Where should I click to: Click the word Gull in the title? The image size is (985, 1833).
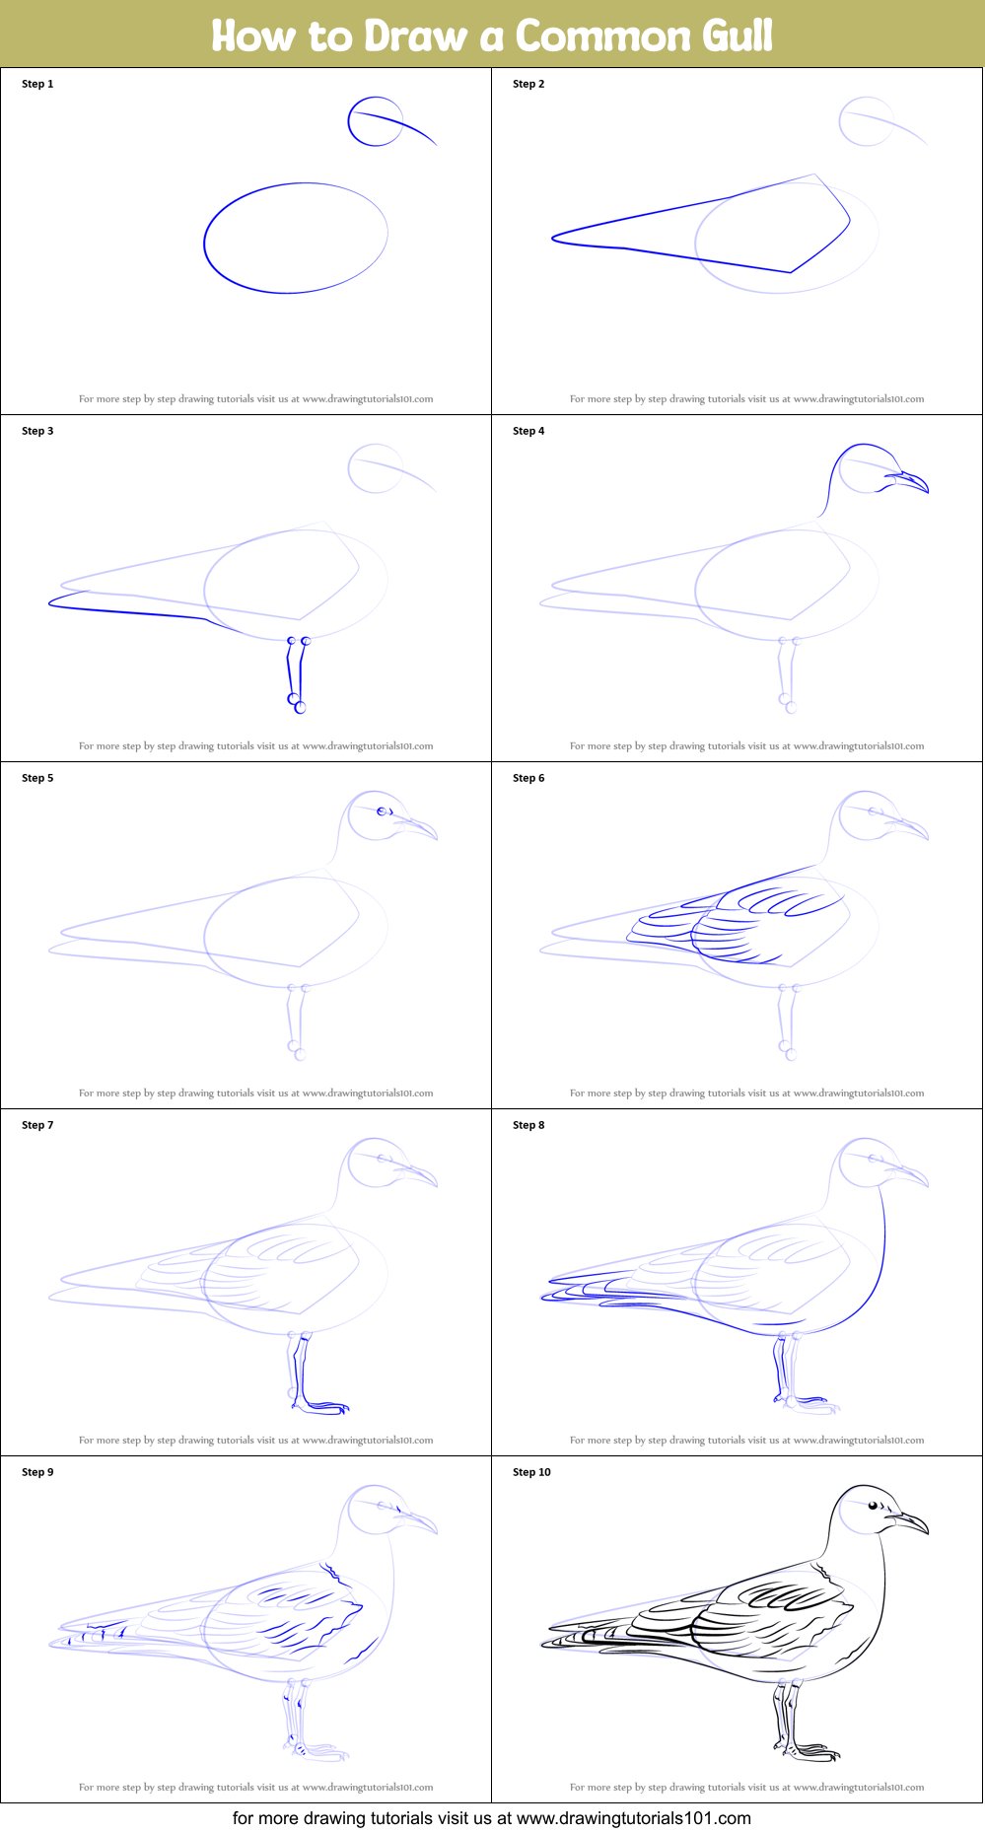[737, 35]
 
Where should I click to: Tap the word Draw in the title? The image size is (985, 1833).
[414, 35]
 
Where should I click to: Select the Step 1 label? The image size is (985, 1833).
[37, 84]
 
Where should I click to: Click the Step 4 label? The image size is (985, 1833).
[528, 431]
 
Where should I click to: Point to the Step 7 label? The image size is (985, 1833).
[37, 1125]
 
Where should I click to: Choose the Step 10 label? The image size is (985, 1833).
[531, 1472]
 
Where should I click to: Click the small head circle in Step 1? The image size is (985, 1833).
[375, 121]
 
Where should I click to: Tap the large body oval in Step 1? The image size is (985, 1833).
[296, 238]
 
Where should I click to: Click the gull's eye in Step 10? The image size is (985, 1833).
[873, 1506]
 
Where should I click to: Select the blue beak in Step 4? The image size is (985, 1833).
[907, 481]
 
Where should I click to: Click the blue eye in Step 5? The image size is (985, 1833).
[383, 811]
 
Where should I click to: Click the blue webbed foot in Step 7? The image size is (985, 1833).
[323, 1406]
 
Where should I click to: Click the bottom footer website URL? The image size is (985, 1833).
[633, 1818]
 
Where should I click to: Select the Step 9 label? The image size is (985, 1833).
[37, 1472]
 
